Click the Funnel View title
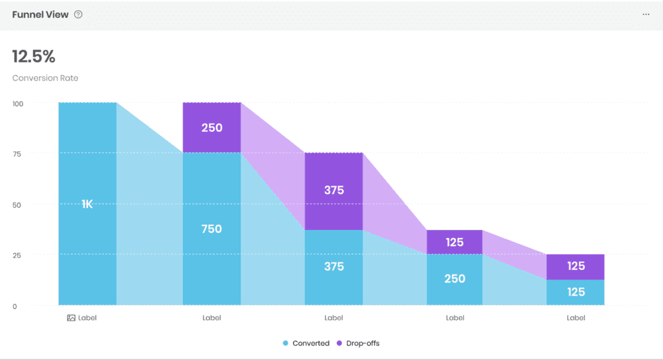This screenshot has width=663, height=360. coord(40,15)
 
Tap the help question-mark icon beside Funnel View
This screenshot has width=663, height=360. coord(78,15)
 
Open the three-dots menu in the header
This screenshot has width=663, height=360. coord(646,15)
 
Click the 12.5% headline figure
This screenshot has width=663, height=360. coord(34,57)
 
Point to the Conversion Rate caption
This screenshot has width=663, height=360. coord(45,78)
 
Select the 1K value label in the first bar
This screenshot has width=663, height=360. coord(87,204)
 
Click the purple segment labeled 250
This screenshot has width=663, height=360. coord(211,128)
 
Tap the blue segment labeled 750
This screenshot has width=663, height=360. coord(211,229)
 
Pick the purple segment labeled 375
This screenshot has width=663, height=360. coord(333,191)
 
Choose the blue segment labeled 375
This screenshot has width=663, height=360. coord(333,267)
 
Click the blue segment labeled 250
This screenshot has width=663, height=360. coord(455,279)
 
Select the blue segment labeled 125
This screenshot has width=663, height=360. coord(575,292)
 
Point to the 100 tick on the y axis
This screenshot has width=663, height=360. coord(17,104)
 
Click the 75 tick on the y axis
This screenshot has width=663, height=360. coord(17,154)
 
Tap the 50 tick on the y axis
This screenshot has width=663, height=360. coord(17,205)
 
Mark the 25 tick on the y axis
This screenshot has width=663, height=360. coord(17,255)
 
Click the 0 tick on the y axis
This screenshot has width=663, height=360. coord(15,306)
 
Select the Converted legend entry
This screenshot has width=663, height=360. coord(306,343)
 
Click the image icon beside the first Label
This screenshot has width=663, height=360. coord(71,318)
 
